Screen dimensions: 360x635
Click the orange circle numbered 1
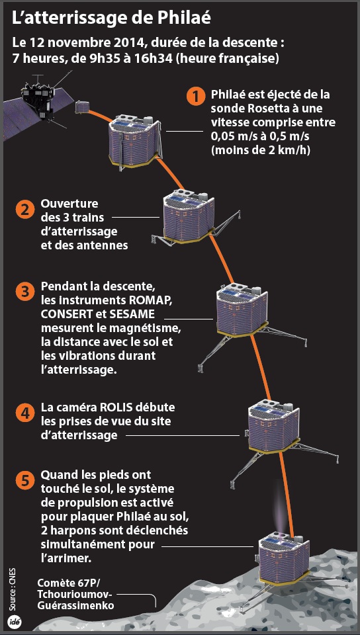[x=195, y=97]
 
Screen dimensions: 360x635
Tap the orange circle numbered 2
[x=24, y=210]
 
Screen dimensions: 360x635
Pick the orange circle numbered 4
[x=24, y=413]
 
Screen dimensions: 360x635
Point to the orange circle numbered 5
[x=24, y=481]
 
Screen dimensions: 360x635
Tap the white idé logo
[x=16, y=622]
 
